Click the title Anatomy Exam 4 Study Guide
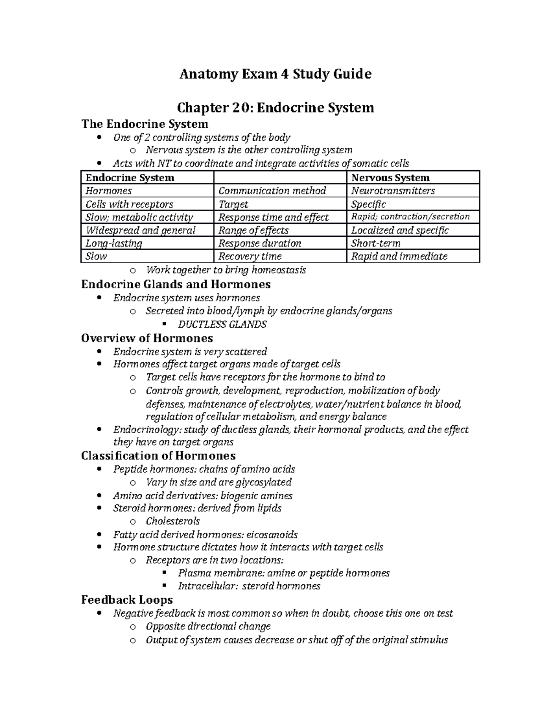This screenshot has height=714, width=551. pyautogui.click(x=275, y=74)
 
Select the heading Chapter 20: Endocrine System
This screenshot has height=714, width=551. pyautogui.click(x=275, y=108)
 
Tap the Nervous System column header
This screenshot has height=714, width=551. pyautogui.click(x=390, y=178)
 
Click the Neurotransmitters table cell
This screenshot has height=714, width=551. pyautogui.click(x=393, y=191)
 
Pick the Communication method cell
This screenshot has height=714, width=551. pyautogui.click(x=272, y=191)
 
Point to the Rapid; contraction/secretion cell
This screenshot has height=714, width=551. pyautogui.click(x=410, y=217)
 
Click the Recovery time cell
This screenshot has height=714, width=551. pyautogui.click(x=250, y=256)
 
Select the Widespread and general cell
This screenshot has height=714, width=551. pyautogui.click(x=141, y=230)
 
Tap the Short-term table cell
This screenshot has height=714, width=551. pyautogui.click(x=376, y=243)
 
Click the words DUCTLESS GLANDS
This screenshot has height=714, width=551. pyautogui.click(x=222, y=324)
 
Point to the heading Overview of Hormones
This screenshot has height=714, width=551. pyautogui.click(x=147, y=338)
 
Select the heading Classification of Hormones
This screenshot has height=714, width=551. pyautogui.click(x=158, y=456)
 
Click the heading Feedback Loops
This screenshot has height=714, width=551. pyautogui.click(x=127, y=600)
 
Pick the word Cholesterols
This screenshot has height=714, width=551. pyautogui.click(x=173, y=521)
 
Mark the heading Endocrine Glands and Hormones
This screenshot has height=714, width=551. pyautogui.click(x=176, y=284)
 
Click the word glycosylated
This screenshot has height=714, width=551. pyautogui.click(x=264, y=482)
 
